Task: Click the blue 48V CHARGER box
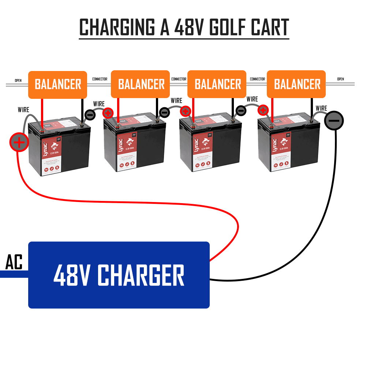[119, 275]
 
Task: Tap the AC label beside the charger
[14, 262]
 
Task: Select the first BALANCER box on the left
[58, 85]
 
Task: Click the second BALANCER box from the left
[141, 85]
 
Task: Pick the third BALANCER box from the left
[218, 85]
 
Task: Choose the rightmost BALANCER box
[296, 85]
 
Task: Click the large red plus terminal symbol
[19, 142]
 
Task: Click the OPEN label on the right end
[340, 79]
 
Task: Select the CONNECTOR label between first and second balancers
[100, 79]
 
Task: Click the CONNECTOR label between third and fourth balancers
[257, 79]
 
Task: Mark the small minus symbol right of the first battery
[90, 115]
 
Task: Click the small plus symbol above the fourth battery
[262, 110]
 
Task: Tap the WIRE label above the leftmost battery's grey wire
[23, 109]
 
